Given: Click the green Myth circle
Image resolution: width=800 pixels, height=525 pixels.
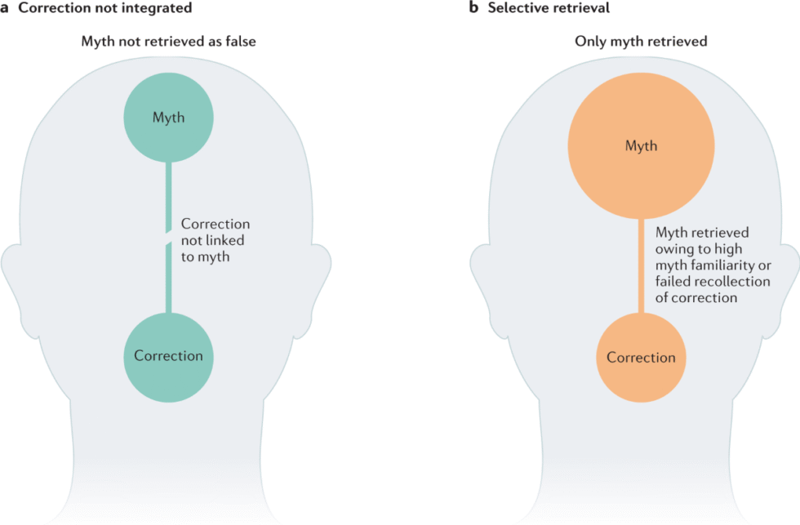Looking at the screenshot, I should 168,118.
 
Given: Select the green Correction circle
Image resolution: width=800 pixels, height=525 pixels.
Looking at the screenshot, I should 168,356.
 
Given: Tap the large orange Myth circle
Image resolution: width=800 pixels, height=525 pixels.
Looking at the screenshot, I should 641,147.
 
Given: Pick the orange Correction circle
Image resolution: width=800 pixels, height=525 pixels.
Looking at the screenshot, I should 641,357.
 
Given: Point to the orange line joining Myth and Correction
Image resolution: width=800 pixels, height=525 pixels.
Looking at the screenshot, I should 641,265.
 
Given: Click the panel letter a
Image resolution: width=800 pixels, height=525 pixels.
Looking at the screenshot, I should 7,8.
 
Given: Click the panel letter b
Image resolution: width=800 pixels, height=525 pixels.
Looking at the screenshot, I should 473,8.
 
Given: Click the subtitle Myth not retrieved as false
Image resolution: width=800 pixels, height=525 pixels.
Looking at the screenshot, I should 168,42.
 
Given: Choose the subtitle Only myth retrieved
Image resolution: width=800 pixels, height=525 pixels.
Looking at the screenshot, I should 640,42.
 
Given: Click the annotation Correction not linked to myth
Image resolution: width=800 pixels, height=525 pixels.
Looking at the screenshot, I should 215,240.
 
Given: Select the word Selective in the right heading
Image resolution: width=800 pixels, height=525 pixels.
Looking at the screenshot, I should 515,8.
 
